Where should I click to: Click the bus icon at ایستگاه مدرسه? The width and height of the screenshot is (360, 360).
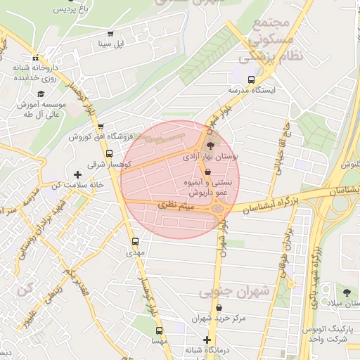click(252, 79)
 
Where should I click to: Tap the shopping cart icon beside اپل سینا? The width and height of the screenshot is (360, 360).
click(110, 34)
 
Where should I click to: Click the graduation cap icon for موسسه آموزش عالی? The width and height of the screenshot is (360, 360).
click(41, 94)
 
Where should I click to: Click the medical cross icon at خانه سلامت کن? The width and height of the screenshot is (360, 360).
click(77, 174)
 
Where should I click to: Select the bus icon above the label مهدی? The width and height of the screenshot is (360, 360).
click(136, 242)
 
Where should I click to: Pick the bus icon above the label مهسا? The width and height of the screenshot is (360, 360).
click(160, 330)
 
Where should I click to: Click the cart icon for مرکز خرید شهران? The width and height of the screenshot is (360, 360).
click(219, 308)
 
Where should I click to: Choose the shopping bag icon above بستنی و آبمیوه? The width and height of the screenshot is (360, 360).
click(207, 172)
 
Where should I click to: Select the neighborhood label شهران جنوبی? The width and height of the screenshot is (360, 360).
click(235, 290)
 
